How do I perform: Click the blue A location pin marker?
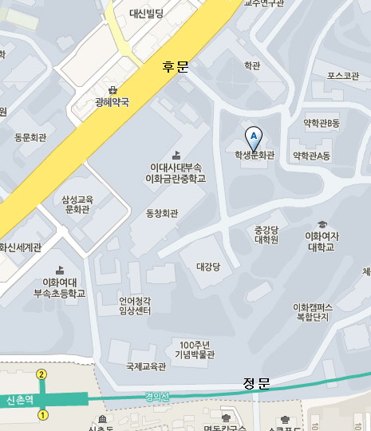[254, 136]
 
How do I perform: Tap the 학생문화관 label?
[254, 156]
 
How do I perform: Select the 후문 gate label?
[175, 68]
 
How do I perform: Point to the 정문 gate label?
[256, 384]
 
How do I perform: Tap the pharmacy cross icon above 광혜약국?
[112, 90]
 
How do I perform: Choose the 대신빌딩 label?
[146, 13]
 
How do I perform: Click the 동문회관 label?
[32, 137]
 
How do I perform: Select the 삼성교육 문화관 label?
[77, 204]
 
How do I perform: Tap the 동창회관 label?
[163, 213]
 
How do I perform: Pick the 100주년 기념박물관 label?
[197, 349]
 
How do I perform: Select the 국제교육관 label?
[145, 367]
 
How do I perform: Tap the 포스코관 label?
[343, 76]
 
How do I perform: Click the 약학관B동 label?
[322, 123]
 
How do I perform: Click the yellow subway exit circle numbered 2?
[41, 374]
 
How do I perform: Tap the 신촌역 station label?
[19, 399]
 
